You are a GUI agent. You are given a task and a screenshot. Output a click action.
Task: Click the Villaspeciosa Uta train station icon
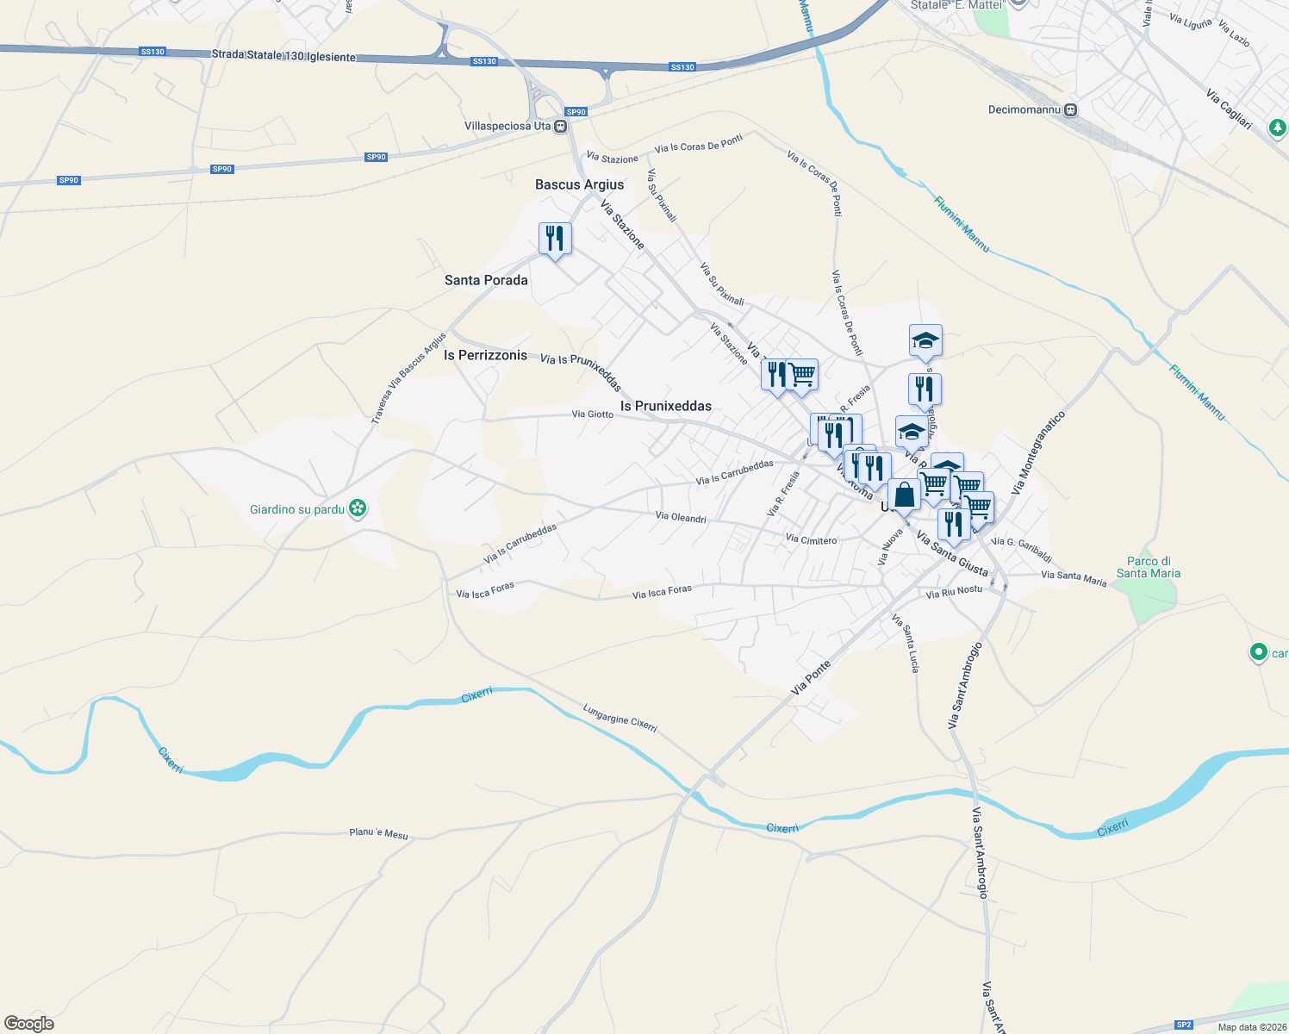pos(561,127)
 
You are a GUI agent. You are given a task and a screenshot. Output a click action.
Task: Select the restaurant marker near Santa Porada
pos(555,239)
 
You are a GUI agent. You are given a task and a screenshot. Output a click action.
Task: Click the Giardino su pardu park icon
pos(358,509)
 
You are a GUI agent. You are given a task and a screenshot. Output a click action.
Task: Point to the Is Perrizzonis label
pos(485,355)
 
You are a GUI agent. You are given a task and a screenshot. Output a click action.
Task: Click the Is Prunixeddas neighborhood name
pos(666,406)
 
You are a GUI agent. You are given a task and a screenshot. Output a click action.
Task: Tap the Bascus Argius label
pos(579,184)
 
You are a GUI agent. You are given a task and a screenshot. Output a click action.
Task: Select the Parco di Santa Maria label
pos(1149,567)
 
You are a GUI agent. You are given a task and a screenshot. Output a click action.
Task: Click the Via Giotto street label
pos(593,414)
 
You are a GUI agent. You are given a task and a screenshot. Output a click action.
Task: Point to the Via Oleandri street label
pos(681,517)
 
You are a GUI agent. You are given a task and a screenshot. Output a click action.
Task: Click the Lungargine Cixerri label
pos(620,718)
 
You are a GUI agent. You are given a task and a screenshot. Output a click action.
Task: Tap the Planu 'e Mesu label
pos(378,833)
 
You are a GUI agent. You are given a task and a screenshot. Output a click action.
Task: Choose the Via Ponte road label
pos(811,677)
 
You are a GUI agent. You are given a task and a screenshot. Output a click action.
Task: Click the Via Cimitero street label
pos(811,540)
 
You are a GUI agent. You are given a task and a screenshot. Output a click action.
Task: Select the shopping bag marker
pos(904,496)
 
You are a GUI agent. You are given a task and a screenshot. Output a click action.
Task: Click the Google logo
pos(29,1024)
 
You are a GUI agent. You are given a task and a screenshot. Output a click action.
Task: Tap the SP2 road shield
pos(1184,1025)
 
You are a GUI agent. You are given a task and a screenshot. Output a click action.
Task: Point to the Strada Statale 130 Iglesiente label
pos(283,55)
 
